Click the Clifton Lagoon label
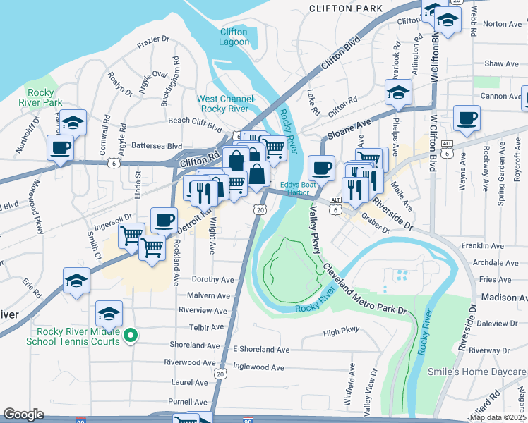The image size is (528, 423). (x=234, y=37)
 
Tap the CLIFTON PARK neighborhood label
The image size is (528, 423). (x=346, y=8)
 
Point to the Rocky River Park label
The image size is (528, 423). (x=44, y=97)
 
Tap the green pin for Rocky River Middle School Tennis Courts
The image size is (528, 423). (x=129, y=336)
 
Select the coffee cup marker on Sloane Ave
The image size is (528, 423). (x=322, y=168)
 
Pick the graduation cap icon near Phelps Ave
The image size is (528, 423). (x=398, y=93)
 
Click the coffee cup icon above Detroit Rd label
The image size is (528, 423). (x=164, y=220)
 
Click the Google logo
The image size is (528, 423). (x=23, y=415)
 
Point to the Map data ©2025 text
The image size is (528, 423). (x=497, y=417)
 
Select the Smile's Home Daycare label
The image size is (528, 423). (x=477, y=372)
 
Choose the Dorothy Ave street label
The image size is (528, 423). (x=207, y=280)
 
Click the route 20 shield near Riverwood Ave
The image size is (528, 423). (x=220, y=373)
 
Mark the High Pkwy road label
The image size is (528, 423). (x=341, y=331)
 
